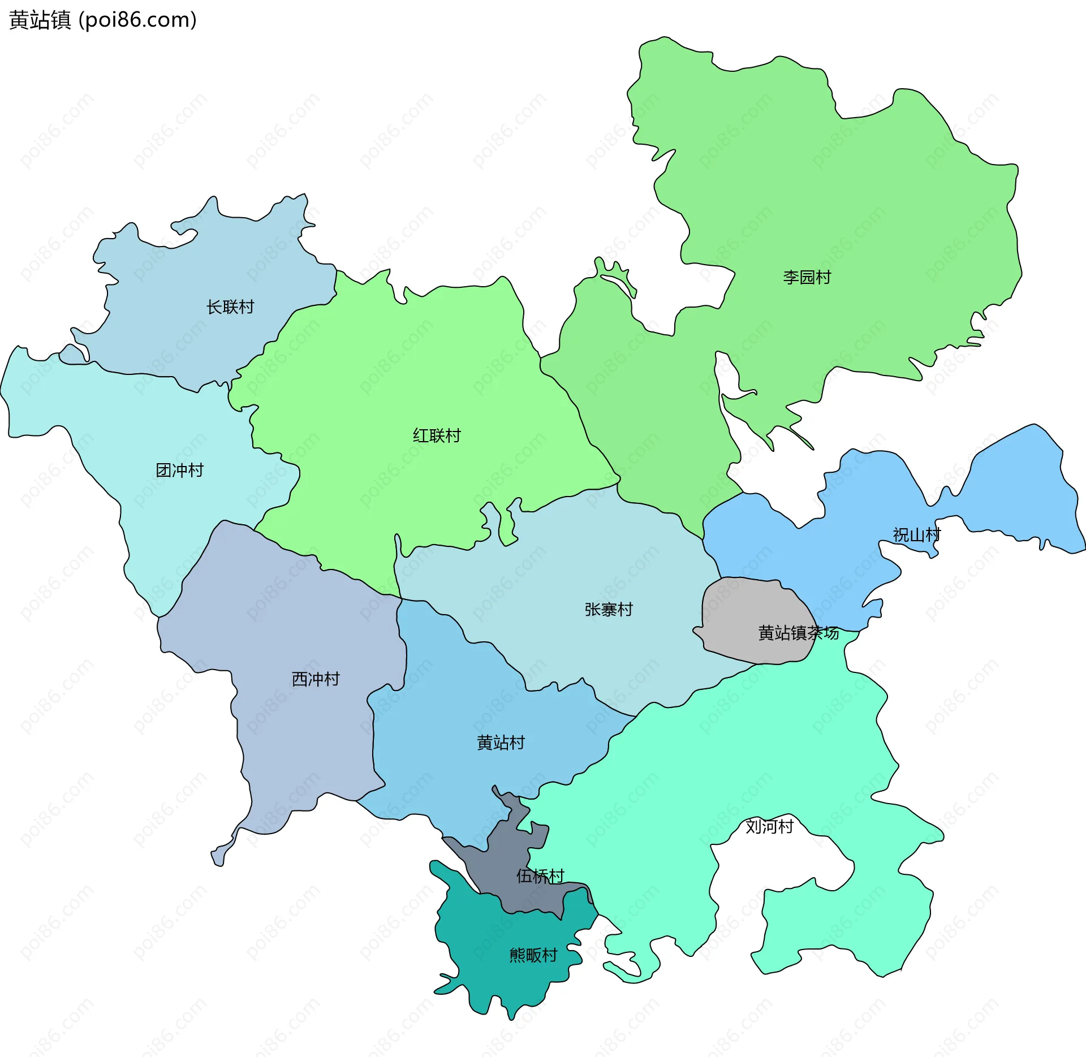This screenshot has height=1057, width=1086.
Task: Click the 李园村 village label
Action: point(807,277)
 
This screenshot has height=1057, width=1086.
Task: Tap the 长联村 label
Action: point(230,307)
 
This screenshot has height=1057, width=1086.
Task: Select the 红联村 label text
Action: point(437,435)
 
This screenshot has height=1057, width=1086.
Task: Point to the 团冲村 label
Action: point(179,470)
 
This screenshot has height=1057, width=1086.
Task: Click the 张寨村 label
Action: point(609,609)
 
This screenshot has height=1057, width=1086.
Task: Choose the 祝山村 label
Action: point(916,534)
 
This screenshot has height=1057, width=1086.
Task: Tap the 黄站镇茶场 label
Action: point(798,633)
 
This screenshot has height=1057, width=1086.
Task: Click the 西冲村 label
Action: point(315,679)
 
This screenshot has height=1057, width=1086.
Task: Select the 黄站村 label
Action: point(501,743)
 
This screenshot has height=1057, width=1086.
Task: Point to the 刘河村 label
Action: point(769,826)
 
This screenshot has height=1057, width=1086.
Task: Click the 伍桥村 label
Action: point(540,876)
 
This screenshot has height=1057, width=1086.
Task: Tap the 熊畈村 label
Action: point(533,955)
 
